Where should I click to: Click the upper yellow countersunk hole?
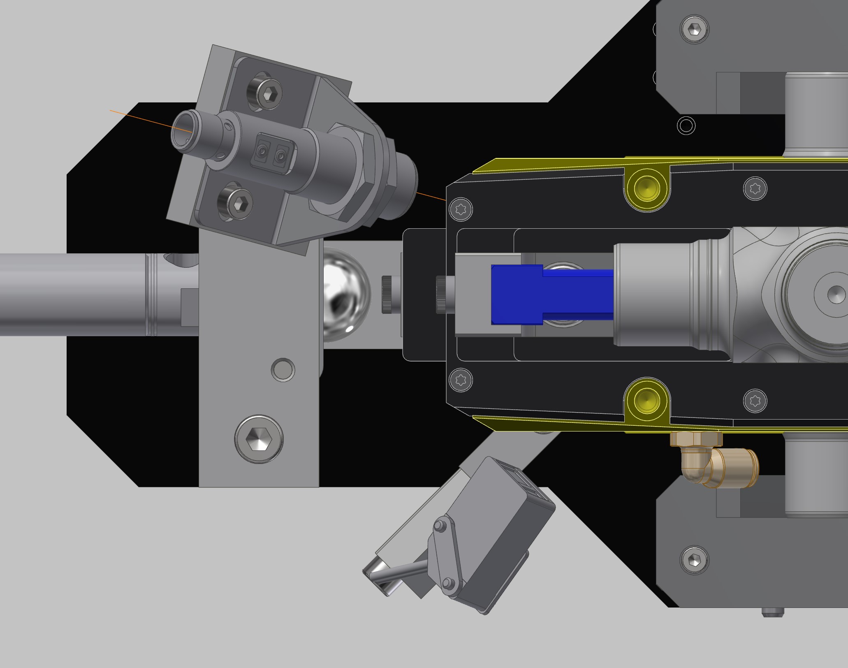click(646, 189)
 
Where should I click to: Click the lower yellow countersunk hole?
click(646, 401)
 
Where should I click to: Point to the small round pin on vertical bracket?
click(283, 369)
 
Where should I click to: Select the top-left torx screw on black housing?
click(461, 209)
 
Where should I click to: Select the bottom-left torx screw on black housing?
click(461, 380)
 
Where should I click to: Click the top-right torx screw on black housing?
click(755, 188)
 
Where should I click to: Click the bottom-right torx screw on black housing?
click(755, 400)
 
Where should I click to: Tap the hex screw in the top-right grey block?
click(695, 29)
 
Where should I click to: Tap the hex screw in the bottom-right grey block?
click(695, 559)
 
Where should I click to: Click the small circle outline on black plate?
click(686, 125)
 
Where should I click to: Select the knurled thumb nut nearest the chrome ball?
click(387, 295)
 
